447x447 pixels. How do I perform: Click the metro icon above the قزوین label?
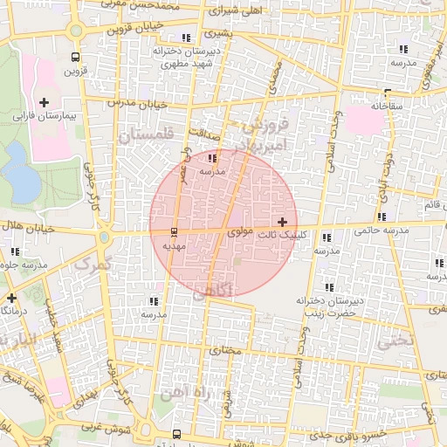tap(74, 58)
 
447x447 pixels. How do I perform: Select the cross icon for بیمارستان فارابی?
tap(44, 103)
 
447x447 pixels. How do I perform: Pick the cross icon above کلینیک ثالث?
tap(281, 223)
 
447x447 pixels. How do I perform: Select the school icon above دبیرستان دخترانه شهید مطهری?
tap(186, 38)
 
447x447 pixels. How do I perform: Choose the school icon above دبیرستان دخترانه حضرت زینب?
tap(329, 287)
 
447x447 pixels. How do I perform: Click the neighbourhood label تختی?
tap(392, 341)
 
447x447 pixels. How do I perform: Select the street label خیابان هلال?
tap(24, 228)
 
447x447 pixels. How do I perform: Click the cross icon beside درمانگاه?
tap(10, 298)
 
